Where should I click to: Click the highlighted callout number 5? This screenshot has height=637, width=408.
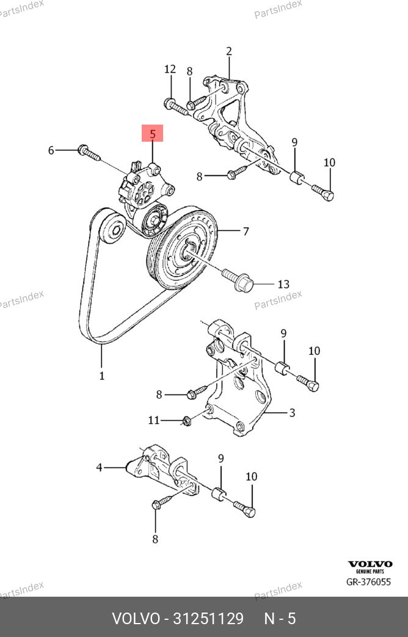(x=153, y=133)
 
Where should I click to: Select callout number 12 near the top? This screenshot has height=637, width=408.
(x=170, y=70)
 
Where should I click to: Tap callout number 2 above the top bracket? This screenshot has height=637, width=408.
(x=229, y=51)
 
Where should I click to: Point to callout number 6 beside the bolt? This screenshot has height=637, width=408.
(x=51, y=150)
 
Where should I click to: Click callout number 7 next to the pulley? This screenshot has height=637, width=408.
(x=246, y=231)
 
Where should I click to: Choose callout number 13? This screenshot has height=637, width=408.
(x=283, y=284)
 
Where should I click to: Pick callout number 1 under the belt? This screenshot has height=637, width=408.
(x=101, y=376)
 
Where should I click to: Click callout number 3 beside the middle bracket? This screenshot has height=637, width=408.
(x=292, y=413)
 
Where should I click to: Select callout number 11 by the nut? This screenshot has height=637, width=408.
(x=154, y=420)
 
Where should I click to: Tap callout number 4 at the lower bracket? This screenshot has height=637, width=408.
(x=99, y=468)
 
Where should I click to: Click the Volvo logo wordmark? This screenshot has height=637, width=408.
(x=370, y=564)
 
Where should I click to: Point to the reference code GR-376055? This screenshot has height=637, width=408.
(x=368, y=581)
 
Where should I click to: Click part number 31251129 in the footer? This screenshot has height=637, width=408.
(x=209, y=618)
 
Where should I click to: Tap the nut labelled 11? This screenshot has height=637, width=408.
(x=187, y=420)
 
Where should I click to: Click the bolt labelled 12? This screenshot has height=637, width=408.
(x=177, y=107)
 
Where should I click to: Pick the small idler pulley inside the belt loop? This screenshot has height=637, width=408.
(x=114, y=230)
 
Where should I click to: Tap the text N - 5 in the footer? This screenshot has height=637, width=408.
(x=280, y=618)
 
